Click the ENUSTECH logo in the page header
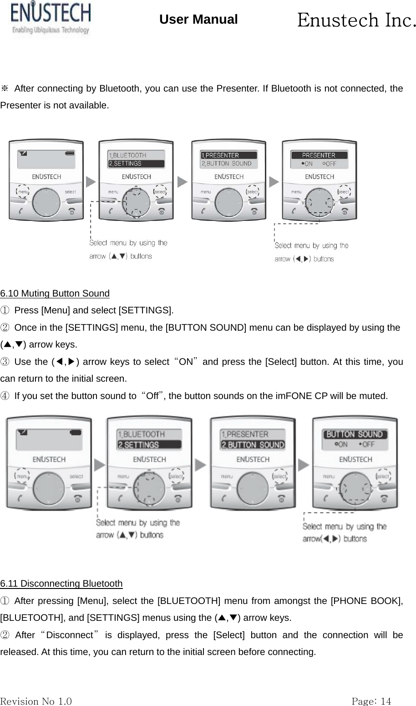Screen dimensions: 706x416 (x=51, y=18)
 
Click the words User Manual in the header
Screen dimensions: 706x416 (x=198, y=20)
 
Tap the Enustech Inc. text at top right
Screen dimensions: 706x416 (x=356, y=20)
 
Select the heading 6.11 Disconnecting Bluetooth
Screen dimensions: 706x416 (x=61, y=583)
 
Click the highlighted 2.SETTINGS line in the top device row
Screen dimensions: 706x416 (x=136, y=164)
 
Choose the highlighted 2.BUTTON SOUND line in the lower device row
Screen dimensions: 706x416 (x=253, y=445)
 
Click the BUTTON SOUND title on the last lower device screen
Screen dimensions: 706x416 (x=355, y=434)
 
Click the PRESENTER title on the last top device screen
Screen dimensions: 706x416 (x=319, y=155)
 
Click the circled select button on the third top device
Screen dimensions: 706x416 (x=252, y=192)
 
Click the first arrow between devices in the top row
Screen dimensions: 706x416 (x=91, y=182)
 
